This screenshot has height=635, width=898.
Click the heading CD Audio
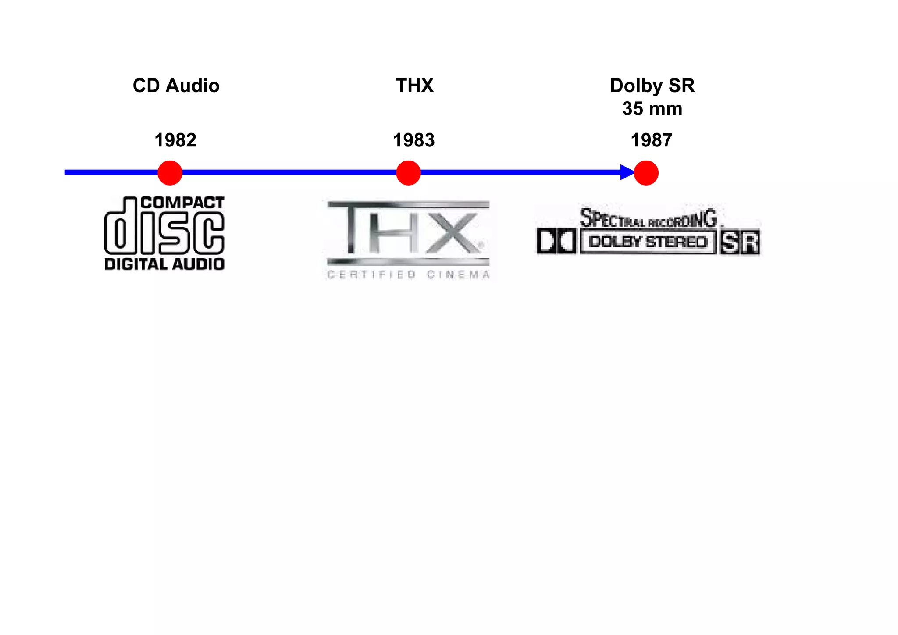(x=176, y=86)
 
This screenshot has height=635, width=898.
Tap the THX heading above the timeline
(x=414, y=86)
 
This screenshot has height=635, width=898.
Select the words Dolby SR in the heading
(x=652, y=86)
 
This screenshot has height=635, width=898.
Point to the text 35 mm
(x=652, y=109)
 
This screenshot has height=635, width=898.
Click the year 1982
(x=175, y=140)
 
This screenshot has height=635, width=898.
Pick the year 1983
(x=413, y=140)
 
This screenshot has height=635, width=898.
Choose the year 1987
(x=651, y=140)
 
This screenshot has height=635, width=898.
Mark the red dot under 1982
(x=170, y=173)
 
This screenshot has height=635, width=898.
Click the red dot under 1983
(x=408, y=173)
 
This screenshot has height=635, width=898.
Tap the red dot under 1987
(x=646, y=173)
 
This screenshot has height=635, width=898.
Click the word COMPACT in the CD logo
(x=182, y=203)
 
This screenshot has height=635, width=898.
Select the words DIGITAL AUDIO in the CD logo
(x=164, y=264)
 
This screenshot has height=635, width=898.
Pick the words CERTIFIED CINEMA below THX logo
(x=408, y=275)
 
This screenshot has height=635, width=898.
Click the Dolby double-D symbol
(x=556, y=242)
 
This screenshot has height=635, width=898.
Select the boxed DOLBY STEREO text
(x=648, y=242)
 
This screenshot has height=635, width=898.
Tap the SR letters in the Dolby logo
(x=740, y=243)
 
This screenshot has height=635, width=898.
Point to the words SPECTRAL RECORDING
(x=649, y=219)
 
